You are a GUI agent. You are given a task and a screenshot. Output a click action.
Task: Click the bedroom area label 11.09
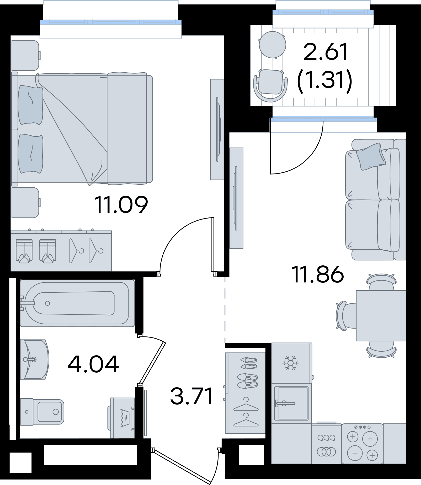click(121, 205)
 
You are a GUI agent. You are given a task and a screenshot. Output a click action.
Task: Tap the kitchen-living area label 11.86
click(317, 274)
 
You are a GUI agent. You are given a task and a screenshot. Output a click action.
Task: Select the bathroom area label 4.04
click(93, 364)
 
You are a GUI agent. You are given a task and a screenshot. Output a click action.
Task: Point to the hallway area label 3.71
click(191, 396)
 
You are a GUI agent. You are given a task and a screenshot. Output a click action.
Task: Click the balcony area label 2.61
click(326, 52)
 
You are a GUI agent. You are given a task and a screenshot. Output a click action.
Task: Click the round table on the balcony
click(272, 45)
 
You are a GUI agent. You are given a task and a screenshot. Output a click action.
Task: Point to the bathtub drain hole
click(47, 303)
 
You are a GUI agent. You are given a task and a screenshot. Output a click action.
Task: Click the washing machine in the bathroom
click(122, 418)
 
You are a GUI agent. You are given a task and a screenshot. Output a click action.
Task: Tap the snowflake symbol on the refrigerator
click(291, 363)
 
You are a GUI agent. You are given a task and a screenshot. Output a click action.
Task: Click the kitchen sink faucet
click(285, 404)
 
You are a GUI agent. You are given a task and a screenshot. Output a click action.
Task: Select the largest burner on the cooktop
click(370, 439)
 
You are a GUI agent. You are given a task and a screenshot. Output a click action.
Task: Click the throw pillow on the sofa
click(371, 156)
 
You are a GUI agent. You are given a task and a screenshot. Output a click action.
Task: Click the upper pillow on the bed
click(30, 105)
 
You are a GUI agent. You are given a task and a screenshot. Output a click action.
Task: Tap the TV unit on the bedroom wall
click(217, 129)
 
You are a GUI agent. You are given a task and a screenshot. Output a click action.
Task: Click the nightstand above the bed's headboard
click(26, 56)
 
